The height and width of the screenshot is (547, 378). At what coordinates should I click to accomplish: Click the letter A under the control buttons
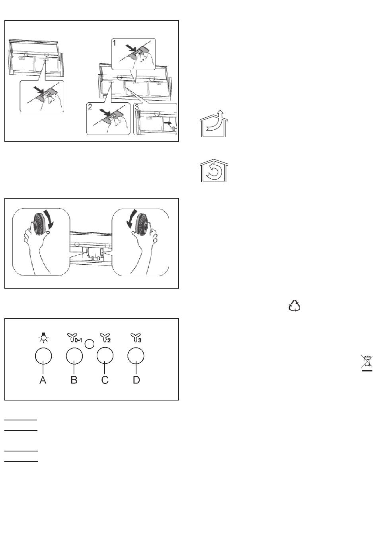click(x=43, y=380)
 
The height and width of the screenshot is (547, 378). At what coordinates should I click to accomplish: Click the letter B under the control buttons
click(x=74, y=380)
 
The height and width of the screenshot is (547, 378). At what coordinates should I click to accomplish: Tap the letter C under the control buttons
click(x=105, y=380)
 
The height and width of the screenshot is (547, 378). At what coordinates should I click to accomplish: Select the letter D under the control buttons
click(x=136, y=380)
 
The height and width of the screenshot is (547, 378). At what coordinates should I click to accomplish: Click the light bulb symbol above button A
click(x=43, y=338)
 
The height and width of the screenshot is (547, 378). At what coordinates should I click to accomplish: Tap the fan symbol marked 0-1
click(x=74, y=338)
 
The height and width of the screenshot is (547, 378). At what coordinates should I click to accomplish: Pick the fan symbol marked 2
click(x=105, y=338)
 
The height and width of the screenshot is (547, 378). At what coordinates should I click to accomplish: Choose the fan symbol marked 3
click(x=136, y=338)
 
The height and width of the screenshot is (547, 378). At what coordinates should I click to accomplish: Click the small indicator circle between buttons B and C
click(x=90, y=344)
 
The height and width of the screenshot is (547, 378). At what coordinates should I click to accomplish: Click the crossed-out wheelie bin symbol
click(x=367, y=363)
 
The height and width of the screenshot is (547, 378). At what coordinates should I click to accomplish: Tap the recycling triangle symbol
click(x=294, y=305)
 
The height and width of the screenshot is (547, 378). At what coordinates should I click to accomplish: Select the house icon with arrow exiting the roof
click(x=214, y=123)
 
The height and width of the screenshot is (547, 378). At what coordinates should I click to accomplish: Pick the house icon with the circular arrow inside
click(x=214, y=170)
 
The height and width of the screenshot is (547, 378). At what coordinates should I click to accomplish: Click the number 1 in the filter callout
click(x=115, y=43)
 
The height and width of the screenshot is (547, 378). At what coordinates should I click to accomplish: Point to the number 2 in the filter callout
click(x=90, y=107)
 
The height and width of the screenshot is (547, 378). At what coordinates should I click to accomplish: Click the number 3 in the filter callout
click(x=136, y=107)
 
